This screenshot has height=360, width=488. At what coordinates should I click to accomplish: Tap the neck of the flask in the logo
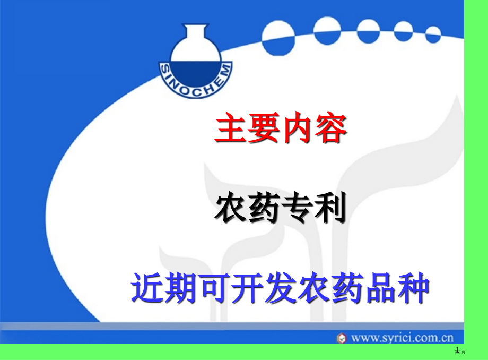195,32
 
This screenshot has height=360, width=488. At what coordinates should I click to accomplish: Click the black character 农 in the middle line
231,208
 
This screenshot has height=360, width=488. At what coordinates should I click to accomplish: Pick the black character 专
298,208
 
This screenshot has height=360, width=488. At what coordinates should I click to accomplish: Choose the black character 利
330,208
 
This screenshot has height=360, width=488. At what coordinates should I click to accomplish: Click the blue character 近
147,288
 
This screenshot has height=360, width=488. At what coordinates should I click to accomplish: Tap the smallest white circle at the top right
433,35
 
